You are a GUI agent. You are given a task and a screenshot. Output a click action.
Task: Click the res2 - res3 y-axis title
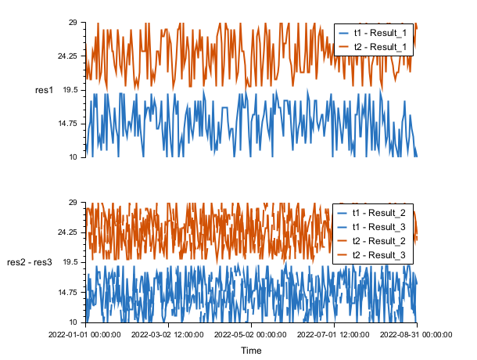(30, 262)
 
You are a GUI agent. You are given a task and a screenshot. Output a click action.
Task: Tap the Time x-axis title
(251, 351)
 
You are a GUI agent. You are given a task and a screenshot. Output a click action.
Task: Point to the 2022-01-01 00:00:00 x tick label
(87, 334)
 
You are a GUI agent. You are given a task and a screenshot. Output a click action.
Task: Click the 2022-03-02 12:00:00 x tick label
(169, 334)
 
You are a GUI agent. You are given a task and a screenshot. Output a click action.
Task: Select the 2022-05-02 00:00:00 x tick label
(252, 334)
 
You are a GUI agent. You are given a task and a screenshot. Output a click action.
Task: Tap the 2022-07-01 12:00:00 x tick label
(334, 334)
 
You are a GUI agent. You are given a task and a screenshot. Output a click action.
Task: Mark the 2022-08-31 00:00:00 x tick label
(416, 334)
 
